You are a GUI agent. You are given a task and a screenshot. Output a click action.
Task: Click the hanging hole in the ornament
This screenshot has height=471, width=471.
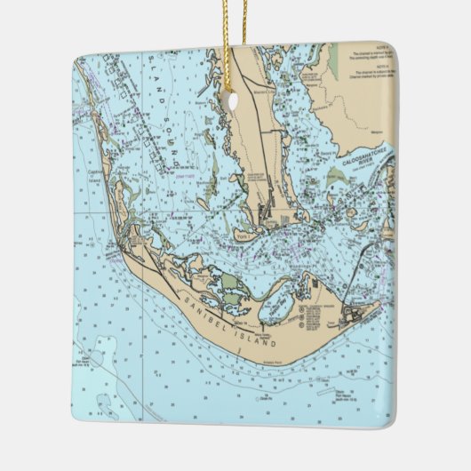(233, 101)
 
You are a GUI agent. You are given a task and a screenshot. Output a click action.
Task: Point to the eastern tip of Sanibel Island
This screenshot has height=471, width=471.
(381, 303)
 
